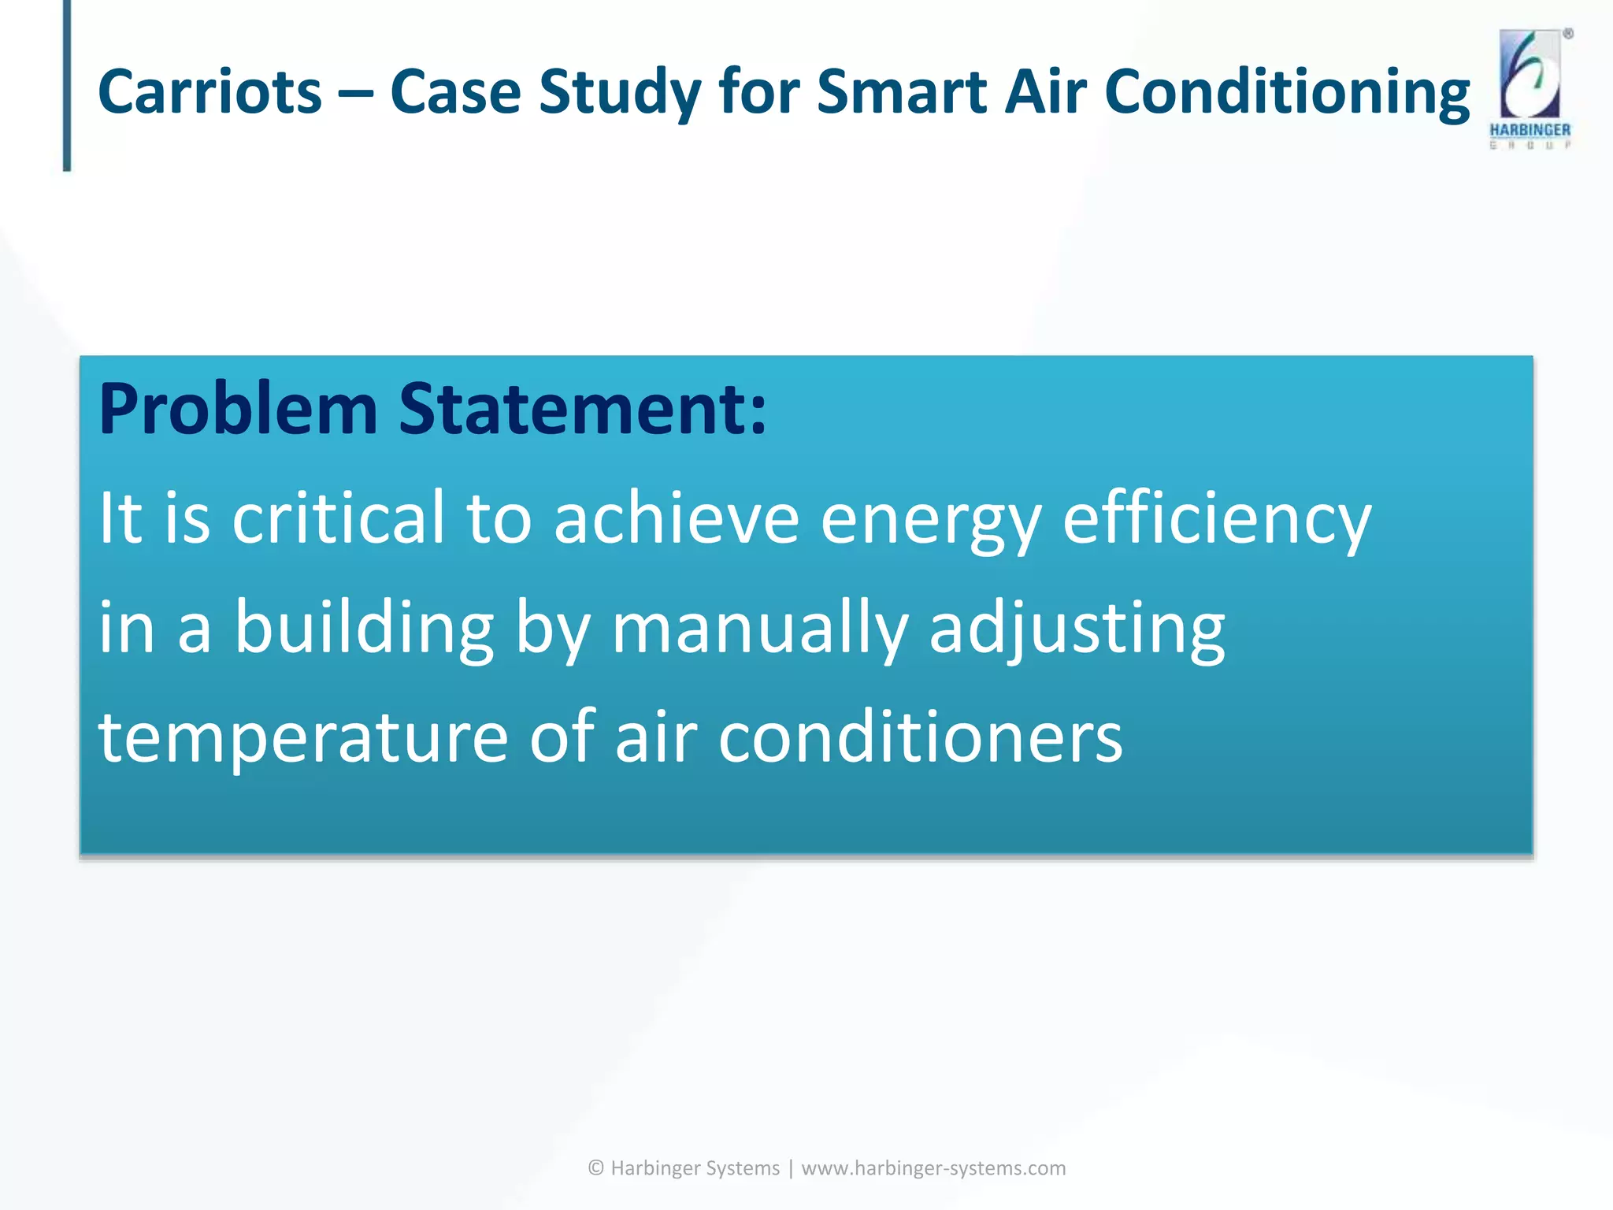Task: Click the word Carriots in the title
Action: click(210, 92)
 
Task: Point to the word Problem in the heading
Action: click(238, 410)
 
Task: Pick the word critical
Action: click(339, 518)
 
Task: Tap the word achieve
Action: click(677, 518)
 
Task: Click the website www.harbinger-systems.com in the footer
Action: click(933, 1167)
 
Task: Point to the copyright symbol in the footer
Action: click(596, 1167)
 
